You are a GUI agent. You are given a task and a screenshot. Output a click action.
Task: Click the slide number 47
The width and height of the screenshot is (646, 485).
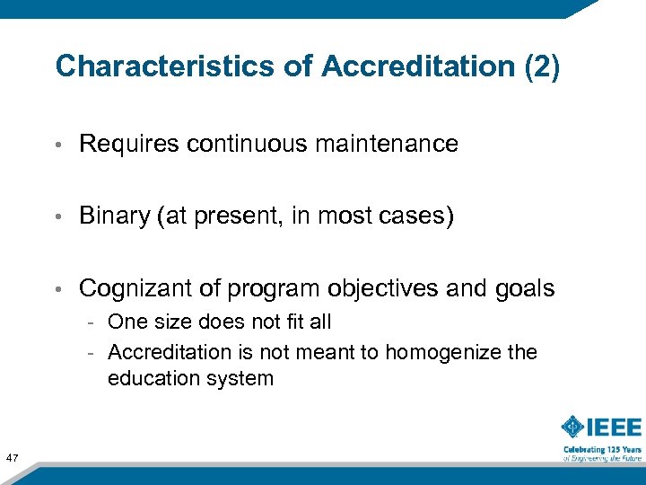tap(13, 459)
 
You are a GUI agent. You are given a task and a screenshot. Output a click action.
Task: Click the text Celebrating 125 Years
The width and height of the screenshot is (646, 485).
tap(602, 449)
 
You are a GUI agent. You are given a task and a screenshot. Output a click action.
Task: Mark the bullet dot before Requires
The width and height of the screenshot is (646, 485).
tap(57, 145)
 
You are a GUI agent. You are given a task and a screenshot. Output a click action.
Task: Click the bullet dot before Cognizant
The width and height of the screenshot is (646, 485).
tap(57, 289)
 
